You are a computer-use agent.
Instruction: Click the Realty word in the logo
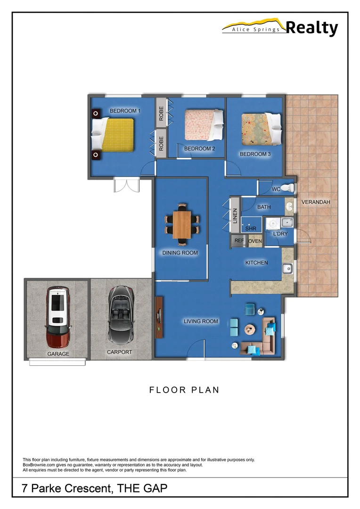coord(312,28)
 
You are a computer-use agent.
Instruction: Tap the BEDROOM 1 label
coord(125,111)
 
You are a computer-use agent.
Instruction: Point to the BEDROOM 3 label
coord(255,154)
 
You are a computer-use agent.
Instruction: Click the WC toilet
coord(290,189)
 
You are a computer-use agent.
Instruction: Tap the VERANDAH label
coord(316,202)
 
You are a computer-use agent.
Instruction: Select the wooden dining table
coord(182,224)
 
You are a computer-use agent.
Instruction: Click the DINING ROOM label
coord(180,253)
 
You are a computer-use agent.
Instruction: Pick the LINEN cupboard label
coord(235,216)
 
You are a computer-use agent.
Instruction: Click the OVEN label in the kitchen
coord(255,241)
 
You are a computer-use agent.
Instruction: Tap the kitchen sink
coord(287,269)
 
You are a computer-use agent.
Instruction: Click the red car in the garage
coord(58,317)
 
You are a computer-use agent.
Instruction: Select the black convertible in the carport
coord(120,317)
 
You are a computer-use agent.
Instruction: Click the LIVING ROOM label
coord(201,321)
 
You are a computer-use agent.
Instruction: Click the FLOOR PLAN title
coord(184,390)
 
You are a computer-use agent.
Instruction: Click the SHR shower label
coord(250,229)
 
